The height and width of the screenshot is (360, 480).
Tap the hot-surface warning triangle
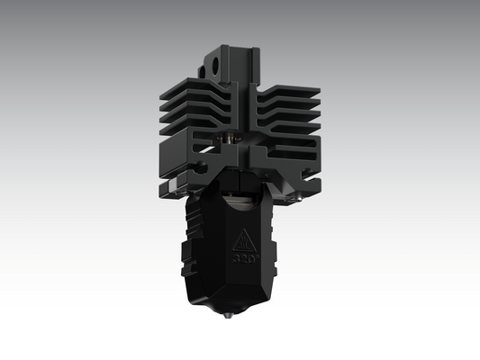point(243,241)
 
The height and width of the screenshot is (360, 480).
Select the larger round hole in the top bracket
point(218,64)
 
